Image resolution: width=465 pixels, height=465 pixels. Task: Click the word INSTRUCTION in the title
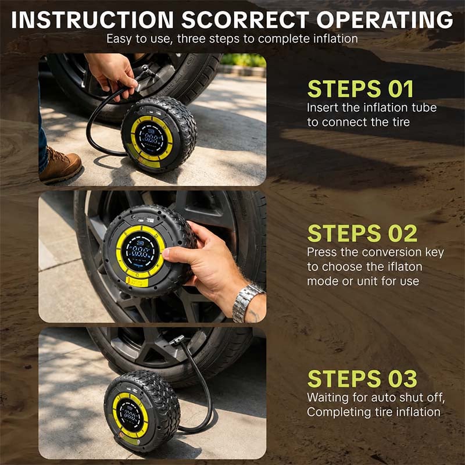(92, 20)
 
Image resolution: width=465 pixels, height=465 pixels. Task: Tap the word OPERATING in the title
(385, 20)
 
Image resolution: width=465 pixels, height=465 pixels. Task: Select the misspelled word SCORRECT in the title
(245, 20)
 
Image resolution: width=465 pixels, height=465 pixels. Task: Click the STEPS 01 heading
(360, 89)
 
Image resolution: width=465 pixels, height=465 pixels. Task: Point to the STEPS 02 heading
(362, 233)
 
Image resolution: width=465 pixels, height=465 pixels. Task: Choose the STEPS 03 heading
(362, 378)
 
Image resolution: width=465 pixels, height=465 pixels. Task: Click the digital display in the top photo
(151, 138)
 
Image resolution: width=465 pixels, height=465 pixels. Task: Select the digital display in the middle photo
(139, 252)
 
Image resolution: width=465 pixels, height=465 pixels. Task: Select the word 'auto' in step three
(385, 398)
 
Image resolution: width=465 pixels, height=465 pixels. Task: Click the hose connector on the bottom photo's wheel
(177, 340)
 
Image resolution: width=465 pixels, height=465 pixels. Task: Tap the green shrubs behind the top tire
(243, 60)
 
